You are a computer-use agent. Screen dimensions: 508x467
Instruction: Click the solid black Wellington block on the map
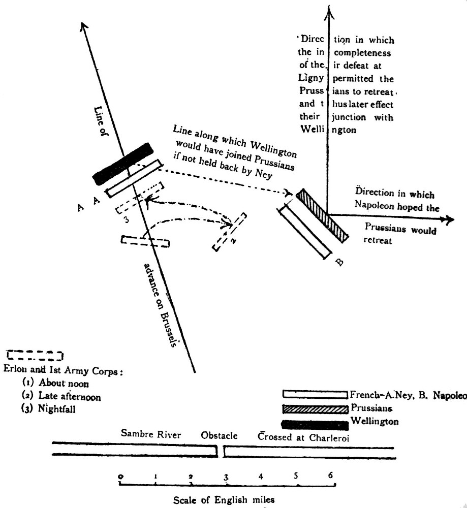[x=123, y=164]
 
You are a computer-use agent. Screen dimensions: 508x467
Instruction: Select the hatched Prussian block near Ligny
[x=323, y=215]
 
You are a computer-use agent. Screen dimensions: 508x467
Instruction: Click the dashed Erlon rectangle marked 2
[x=230, y=232]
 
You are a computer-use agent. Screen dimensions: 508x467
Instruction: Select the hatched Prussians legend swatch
[x=315, y=408]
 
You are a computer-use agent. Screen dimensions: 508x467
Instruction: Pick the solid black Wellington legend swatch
[x=315, y=422]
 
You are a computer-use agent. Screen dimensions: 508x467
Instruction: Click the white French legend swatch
[x=315, y=394]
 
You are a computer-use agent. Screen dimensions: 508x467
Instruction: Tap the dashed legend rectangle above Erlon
[x=35, y=355]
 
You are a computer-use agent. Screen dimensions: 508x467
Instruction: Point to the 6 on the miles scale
[x=330, y=475]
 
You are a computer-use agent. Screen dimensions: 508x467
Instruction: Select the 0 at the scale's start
[x=120, y=476]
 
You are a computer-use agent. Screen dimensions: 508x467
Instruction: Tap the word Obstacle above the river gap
[x=219, y=436]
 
